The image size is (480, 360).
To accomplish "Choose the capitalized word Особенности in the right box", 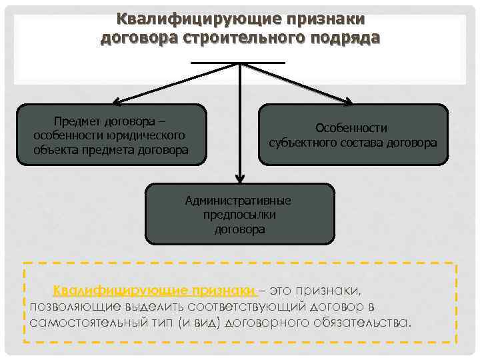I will [x=351, y=128].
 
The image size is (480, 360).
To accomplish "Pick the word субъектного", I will [x=301, y=142].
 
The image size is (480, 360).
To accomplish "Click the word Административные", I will [x=238, y=201].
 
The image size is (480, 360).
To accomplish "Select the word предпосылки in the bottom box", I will [x=240, y=215].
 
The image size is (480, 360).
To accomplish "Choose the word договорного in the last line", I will [x=261, y=322].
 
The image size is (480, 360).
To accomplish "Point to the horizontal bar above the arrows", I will [x=238, y=63].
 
